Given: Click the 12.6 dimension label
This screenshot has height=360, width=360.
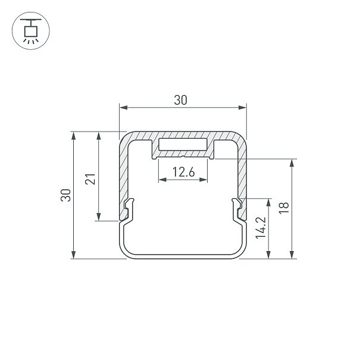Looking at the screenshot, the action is coord(184,172).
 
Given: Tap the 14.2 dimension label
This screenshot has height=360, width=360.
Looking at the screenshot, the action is coord(261,228).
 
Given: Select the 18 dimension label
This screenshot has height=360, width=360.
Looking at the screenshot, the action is coord(284,208).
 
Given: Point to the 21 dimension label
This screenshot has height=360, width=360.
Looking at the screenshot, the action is coord(90,179).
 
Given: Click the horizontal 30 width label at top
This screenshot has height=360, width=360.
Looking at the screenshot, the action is coord(180,100).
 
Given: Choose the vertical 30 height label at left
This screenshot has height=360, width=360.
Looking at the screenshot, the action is coord(65,195).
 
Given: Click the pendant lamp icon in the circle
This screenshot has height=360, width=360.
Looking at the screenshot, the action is coord(31,31).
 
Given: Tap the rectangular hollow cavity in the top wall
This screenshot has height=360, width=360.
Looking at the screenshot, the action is coord(183,145).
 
